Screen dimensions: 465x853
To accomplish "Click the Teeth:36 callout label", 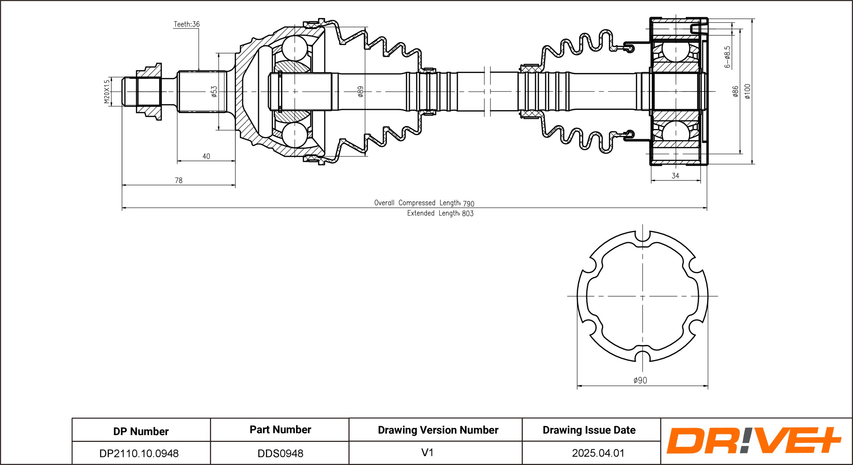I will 187,24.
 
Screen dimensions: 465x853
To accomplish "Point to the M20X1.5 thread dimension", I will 107,91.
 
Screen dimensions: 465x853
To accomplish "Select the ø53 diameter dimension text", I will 214,91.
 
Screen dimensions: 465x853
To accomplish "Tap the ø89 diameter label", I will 361,91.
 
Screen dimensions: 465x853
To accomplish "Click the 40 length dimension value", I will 206,156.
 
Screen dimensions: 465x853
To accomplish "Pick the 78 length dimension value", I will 178,180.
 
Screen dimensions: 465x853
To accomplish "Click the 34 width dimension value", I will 675,176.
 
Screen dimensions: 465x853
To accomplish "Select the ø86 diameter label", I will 736,91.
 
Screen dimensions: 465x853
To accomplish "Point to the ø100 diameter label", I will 748,91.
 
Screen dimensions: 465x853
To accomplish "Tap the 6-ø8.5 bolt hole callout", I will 727,57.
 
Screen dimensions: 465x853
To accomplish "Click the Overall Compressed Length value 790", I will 468,204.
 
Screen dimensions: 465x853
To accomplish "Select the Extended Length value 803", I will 468,214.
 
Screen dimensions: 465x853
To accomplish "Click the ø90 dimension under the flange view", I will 640,380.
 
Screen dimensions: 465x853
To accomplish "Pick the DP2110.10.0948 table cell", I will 139,453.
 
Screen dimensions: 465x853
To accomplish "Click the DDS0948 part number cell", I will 280,453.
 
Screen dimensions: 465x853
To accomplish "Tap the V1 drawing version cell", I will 427,452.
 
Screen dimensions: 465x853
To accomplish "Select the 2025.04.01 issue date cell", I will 598,453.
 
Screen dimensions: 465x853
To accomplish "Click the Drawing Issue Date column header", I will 589,430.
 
